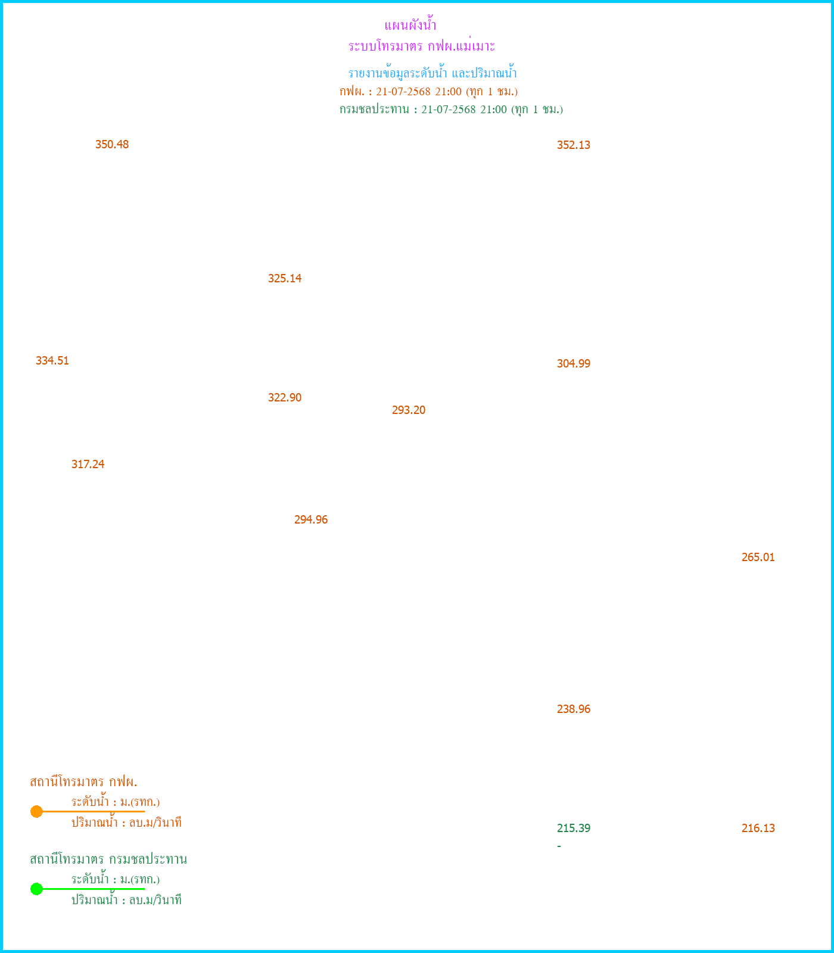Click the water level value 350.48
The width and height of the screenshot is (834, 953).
(x=112, y=145)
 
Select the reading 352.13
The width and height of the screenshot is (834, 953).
(x=574, y=145)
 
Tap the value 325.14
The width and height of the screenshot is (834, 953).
(x=285, y=279)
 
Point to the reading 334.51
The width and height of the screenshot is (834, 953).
(x=52, y=361)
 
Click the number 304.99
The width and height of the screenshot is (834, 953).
(x=574, y=364)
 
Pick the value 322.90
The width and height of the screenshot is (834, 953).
(x=285, y=398)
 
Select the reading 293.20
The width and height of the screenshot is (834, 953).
(x=409, y=410)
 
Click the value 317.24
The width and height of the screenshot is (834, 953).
(x=88, y=465)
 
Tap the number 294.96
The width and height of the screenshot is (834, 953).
(x=311, y=520)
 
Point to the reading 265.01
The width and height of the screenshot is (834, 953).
(x=758, y=558)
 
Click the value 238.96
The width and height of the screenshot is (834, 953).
(x=574, y=709)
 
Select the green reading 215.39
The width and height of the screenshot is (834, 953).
(x=574, y=829)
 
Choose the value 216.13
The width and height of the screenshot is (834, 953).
(x=758, y=829)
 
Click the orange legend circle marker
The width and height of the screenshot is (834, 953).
(x=36, y=811)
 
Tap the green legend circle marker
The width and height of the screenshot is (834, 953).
(x=36, y=889)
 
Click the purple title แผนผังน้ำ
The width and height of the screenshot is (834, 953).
(x=410, y=26)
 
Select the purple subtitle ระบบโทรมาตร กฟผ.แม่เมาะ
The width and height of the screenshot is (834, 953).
(x=422, y=46)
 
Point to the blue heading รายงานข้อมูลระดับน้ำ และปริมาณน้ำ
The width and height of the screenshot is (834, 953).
(x=432, y=73)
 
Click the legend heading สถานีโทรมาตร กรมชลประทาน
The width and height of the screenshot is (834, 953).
(x=108, y=859)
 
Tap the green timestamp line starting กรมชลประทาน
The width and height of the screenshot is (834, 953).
(x=452, y=110)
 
